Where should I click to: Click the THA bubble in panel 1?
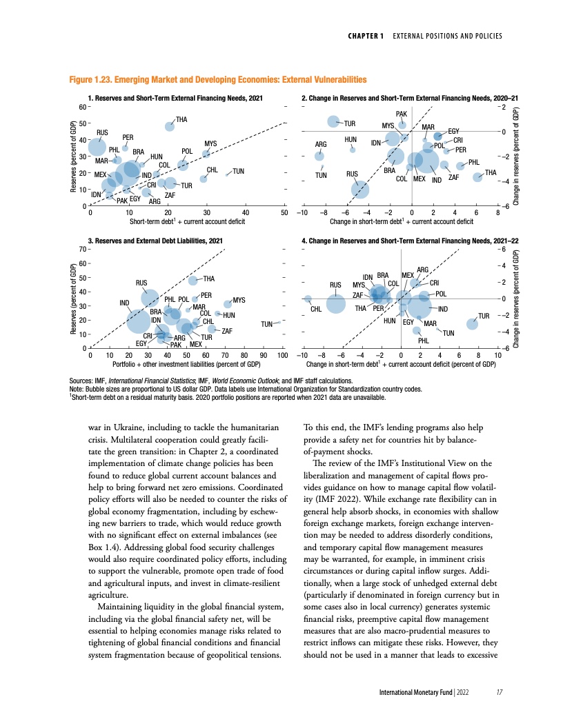(170, 126)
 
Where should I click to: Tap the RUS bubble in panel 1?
(97, 146)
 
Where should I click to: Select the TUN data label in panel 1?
(239, 171)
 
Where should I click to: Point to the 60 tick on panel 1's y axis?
(82, 108)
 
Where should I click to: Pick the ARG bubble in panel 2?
(319, 156)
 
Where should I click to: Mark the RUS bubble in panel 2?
(360, 188)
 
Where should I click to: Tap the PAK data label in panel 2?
(401, 114)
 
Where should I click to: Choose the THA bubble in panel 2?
(477, 177)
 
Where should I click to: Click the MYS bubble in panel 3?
(228, 304)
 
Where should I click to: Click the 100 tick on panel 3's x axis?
(282, 355)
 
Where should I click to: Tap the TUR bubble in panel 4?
(473, 324)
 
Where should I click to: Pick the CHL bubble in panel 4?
(308, 299)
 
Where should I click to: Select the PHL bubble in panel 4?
(416, 331)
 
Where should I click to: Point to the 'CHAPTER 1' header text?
(366, 35)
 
